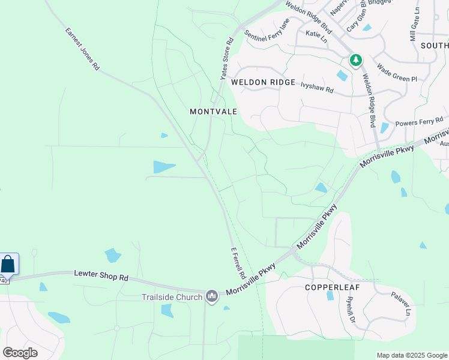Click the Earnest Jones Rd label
(82, 49)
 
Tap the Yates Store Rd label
(226, 59)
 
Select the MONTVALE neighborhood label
(214, 112)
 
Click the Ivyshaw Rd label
(317, 86)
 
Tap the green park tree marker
(356, 59)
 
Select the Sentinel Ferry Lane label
(267, 30)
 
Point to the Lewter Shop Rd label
(101, 277)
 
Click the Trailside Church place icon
(211, 296)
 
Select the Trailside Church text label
(172, 297)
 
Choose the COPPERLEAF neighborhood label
(332, 287)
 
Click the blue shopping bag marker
(8, 264)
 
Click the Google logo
(20, 353)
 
